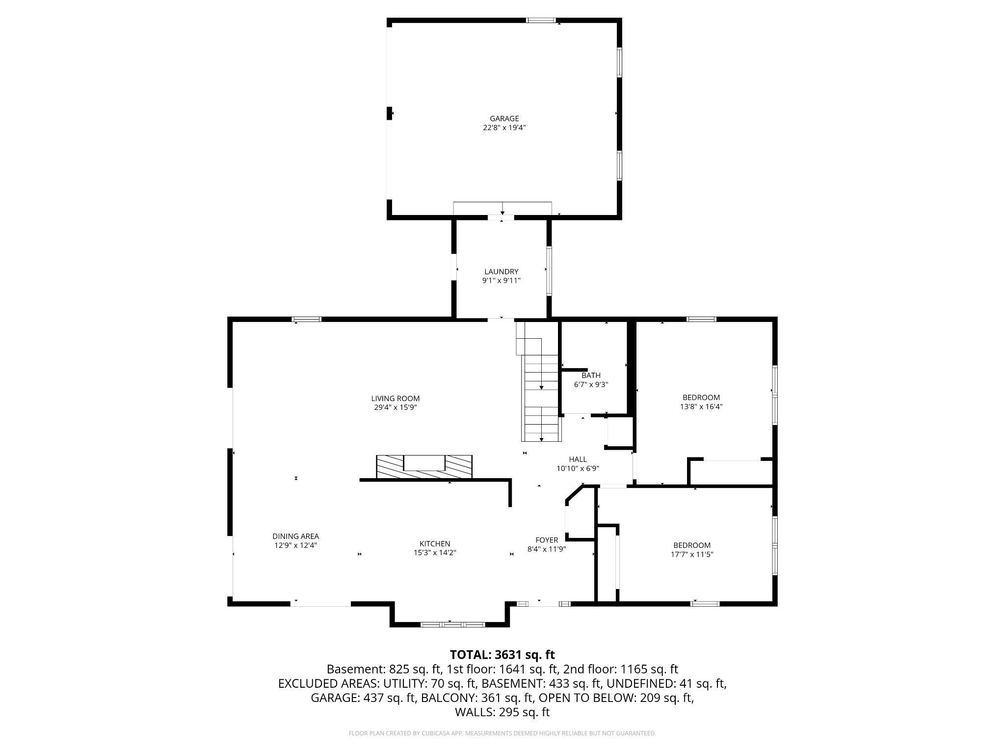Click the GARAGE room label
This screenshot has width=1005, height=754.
pyautogui.click(x=504, y=118)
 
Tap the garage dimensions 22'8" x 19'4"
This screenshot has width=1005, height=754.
pyautogui.click(x=504, y=128)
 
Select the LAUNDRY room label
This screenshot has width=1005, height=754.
pyautogui.click(x=501, y=271)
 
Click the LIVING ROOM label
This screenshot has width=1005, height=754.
pyautogui.click(x=395, y=399)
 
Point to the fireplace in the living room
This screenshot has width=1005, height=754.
pyautogui.click(x=424, y=466)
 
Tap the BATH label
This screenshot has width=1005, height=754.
pyautogui.click(x=591, y=376)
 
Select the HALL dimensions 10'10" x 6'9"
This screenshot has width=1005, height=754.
pyautogui.click(x=578, y=469)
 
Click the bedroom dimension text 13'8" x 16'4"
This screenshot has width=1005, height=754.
pyautogui.click(x=701, y=406)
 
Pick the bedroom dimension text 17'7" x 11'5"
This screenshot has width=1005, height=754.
pyautogui.click(x=691, y=555)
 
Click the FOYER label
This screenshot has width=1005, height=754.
pyautogui.click(x=546, y=540)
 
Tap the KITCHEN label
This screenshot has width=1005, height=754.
pyautogui.click(x=434, y=543)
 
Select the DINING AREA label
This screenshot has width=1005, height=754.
pyautogui.click(x=295, y=536)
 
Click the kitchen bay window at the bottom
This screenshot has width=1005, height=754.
pyautogui.click(x=452, y=624)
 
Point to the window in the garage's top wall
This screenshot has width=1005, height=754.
pyautogui.click(x=541, y=21)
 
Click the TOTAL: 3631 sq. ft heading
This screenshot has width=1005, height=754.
pyautogui.click(x=502, y=654)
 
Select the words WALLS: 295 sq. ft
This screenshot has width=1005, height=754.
pyautogui.click(x=502, y=712)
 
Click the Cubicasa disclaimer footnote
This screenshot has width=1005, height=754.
pyautogui.click(x=502, y=733)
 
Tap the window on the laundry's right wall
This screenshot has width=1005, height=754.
pyautogui.click(x=549, y=271)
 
